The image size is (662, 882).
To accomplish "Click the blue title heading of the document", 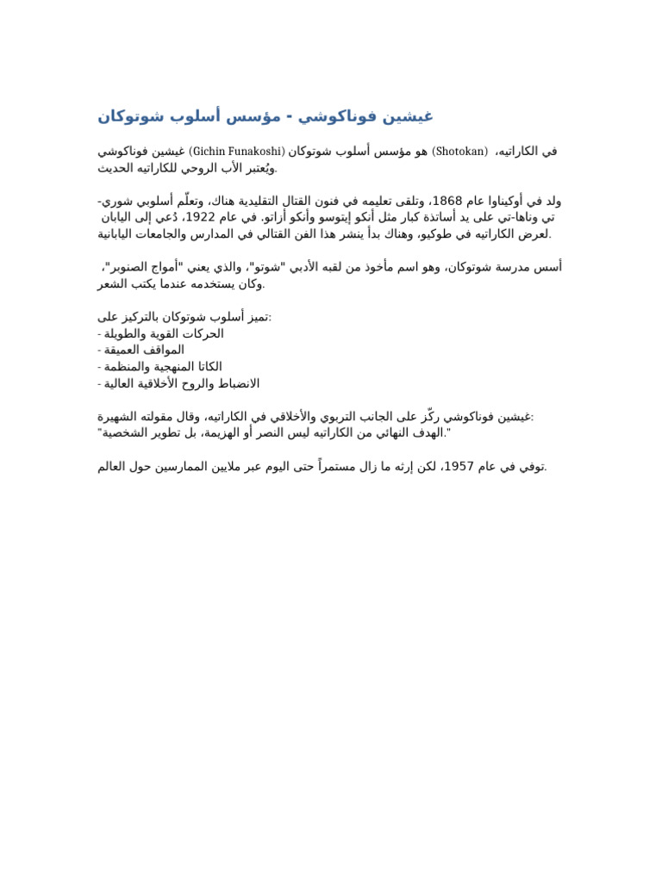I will click(x=265, y=116).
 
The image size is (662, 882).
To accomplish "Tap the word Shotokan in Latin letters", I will click(x=459, y=152).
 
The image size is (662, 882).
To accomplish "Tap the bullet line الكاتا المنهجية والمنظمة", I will click(x=160, y=367).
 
